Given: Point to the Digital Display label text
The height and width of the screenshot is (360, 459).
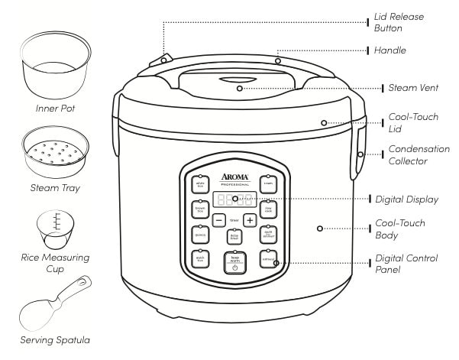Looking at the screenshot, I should [417, 199].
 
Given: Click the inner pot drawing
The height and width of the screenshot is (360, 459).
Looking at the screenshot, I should [53, 66].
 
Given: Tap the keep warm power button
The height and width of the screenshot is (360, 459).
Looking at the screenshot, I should [234, 262].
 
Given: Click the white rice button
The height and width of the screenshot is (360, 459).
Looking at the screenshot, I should [201, 183].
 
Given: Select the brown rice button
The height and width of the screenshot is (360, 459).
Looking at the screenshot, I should [201, 208].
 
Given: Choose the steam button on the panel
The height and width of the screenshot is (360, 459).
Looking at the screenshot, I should [269, 183].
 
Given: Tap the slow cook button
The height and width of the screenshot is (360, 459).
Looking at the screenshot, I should [269, 208].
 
